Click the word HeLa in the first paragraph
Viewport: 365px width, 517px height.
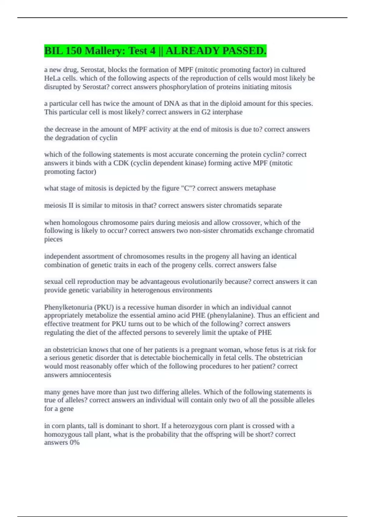52,78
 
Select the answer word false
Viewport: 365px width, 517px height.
269,265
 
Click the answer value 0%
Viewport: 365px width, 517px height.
75,442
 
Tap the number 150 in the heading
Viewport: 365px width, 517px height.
73,51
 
